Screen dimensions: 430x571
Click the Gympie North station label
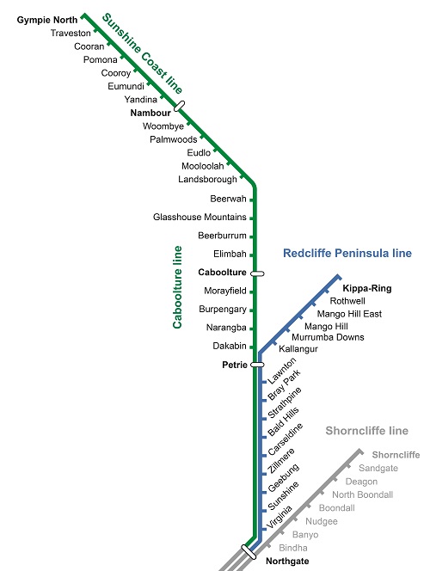tap(47, 20)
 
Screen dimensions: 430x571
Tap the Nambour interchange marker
tap(179, 106)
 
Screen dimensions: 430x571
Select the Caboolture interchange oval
tap(257, 273)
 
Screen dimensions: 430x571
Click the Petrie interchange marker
tap(257, 365)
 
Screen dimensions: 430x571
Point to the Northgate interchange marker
tap(249, 552)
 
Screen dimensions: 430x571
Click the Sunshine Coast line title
tap(143, 53)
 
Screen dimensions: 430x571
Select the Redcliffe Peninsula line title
tap(347, 253)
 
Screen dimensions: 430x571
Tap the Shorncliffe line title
tap(366, 431)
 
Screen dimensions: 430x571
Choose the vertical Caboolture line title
tap(177, 287)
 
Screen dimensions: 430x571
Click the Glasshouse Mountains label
tap(200, 217)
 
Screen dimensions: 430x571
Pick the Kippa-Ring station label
tap(367, 288)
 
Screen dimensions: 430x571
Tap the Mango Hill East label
tap(349, 314)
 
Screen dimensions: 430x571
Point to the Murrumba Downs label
tap(328, 337)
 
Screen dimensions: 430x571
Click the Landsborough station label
tap(207, 179)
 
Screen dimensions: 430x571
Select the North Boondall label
tap(362, 494)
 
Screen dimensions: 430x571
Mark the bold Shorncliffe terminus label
tap(396, 455)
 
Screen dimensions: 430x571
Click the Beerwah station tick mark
tap(252, 200)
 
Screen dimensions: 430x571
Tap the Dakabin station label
tap(230, 346)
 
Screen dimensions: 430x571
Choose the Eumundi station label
tap(126, 86)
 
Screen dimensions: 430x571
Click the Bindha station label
tap(293, 548)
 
